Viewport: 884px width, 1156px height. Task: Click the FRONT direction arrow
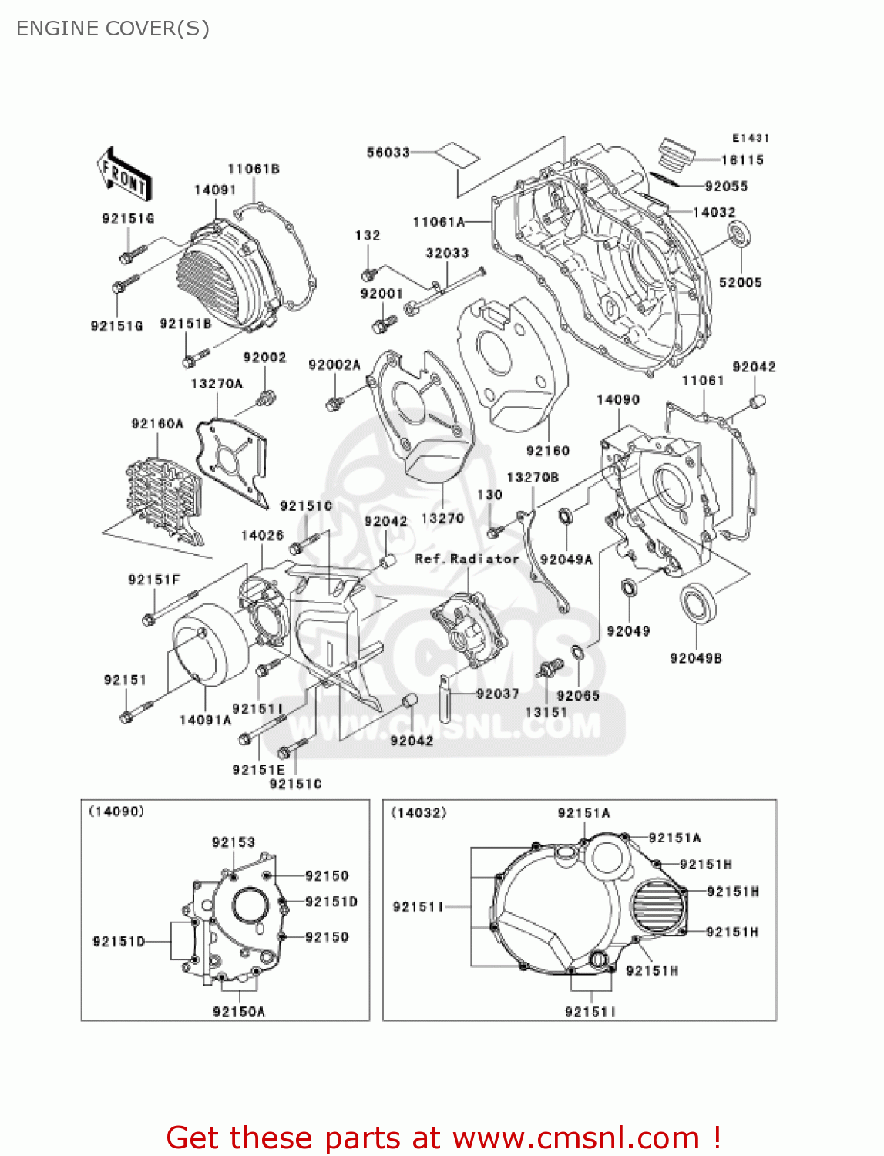point(123,175)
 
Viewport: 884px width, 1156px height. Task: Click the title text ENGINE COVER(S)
point(113,29)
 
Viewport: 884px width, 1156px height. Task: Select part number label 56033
point(388,153)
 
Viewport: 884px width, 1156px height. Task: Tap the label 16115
point(741,160)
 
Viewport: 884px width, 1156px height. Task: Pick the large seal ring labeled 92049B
point(697,603)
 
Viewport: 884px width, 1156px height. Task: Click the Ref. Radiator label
point(467,559)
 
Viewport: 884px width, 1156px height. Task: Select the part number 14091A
point(205,720)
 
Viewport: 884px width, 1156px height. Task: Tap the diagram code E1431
point(750,138)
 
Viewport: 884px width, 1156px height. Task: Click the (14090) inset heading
point(116,812)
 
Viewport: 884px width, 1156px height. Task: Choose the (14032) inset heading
point(418,813)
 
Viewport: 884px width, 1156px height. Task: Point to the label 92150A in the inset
point(239,1012)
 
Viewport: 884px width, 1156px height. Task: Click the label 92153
point(234,842)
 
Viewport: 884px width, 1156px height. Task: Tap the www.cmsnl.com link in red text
point(576,1138)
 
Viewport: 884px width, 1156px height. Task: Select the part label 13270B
point(533,478)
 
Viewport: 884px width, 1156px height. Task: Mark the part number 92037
point(497,694)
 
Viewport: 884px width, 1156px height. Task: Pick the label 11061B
point(253,169)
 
